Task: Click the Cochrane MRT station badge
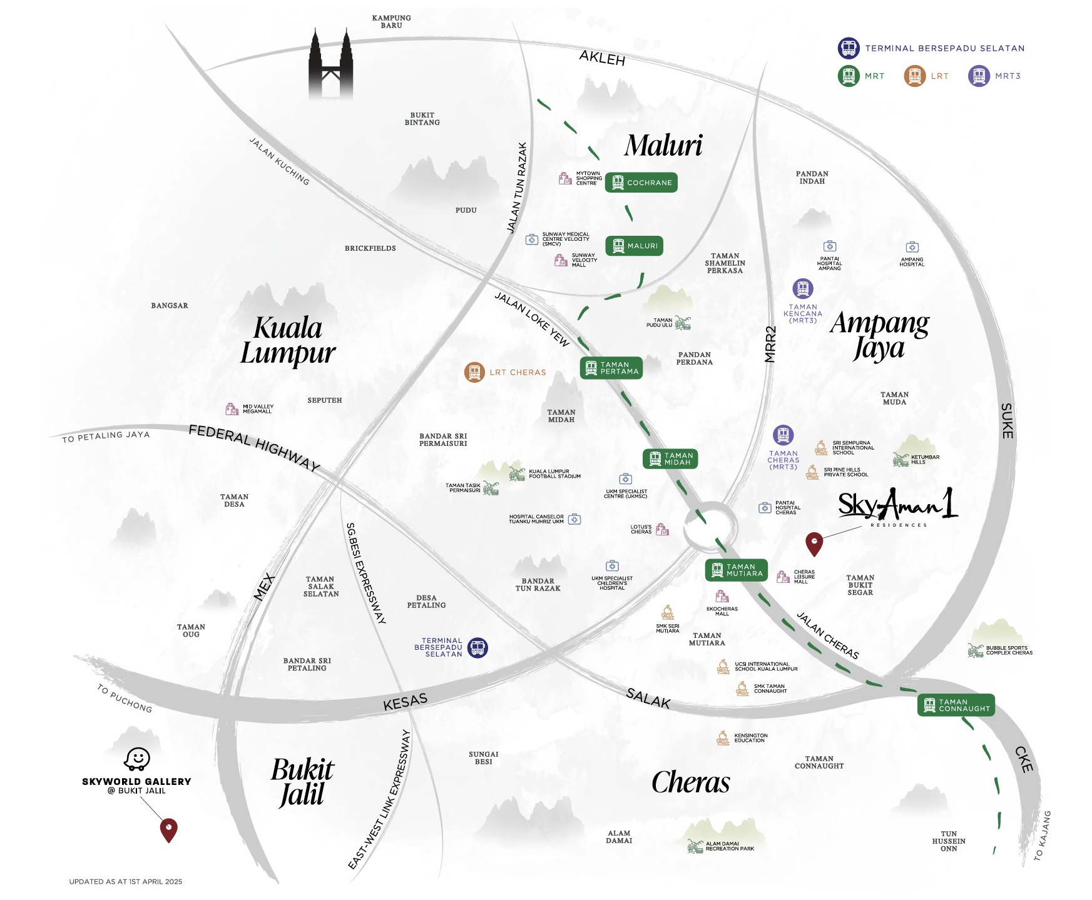point(641,183)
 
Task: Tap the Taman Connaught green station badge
point(956,705)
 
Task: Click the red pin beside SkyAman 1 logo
point(814,544)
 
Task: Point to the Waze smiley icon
point(137,759)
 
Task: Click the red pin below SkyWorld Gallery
point(169,829)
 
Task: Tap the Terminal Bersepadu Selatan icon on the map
point(477,647)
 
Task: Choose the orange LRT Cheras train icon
point(474,372)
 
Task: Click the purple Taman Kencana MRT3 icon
point(803,288)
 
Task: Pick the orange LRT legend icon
point(914,76)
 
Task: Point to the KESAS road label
point(405,702)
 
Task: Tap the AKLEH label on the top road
point(602,58)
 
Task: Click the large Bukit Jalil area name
point(302,782)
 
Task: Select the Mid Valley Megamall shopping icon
point(232,409)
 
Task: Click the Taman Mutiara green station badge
point(736,570)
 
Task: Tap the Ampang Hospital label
point(912,261)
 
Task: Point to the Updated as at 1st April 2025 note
point(126,881)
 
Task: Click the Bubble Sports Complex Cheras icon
point(975,650)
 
